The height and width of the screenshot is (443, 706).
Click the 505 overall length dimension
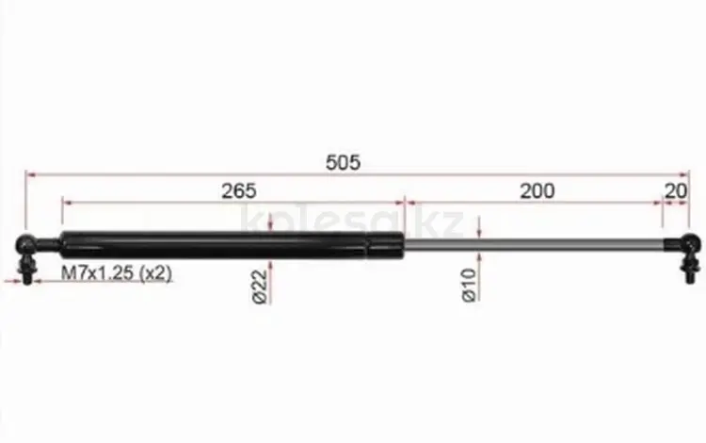[x=343, y=162]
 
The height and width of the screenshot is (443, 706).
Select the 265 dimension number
[x=239, y=191]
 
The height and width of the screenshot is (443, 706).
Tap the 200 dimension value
[x=538, y=191]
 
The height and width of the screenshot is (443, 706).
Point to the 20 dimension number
[x=676, y=191]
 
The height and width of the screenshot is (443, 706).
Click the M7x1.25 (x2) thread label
[x=117, y=273]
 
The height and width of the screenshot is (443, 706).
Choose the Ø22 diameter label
[x=261, y=287]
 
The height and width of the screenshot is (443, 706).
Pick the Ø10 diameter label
[x=469, y=285]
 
